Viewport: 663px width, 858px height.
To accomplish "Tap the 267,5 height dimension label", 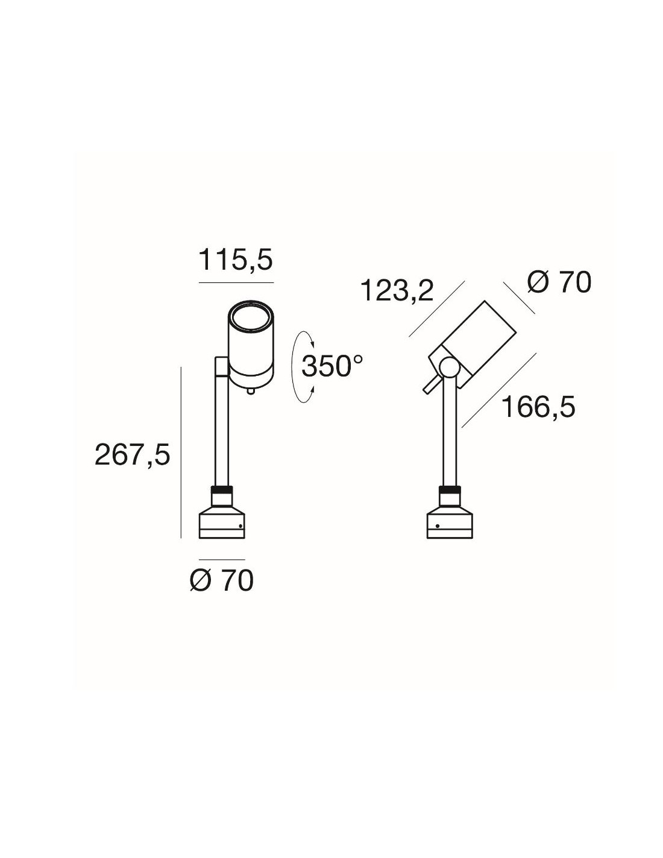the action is click(132, 455).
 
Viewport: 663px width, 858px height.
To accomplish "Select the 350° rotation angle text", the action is click(332, 366).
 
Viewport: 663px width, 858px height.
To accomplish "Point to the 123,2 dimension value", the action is click(397, 290).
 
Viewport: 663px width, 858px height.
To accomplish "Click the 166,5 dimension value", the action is click(538, 407).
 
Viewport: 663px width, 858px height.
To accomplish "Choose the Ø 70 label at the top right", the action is click(559, 283).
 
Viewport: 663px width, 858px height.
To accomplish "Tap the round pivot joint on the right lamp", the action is click(448, 366).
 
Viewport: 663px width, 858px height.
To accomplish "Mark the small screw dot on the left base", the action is click(240, 526).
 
